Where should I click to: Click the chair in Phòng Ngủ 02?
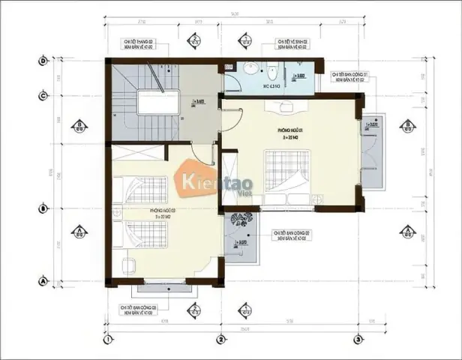coord(128,265)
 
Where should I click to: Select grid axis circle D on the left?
coord(43,60)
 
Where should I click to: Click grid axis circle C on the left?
coord(43,95)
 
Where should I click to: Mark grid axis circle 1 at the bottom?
coord(109,340)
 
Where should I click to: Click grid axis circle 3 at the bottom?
coord(359,340)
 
